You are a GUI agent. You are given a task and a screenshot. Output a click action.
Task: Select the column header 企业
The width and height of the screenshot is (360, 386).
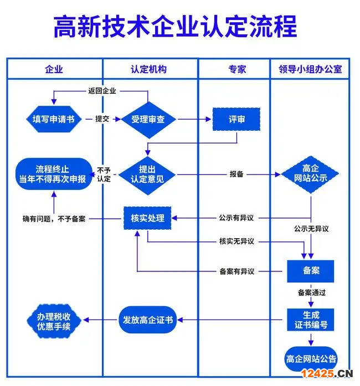tap(54, 69)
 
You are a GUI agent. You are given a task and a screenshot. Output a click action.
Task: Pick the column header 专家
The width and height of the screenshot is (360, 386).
tap(237, 69)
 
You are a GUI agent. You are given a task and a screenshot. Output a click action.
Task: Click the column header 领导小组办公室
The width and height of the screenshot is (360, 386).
tap(310, 69)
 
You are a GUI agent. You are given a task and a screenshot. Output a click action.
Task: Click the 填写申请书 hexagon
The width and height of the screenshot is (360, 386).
tap(54, 119)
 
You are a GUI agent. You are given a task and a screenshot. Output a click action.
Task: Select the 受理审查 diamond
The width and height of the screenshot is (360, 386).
tap(148, 119)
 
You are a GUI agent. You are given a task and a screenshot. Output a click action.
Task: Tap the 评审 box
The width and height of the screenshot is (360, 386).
tap(236, 119)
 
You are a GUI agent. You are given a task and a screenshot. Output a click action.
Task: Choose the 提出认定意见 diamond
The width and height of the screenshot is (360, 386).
tap(147, 174)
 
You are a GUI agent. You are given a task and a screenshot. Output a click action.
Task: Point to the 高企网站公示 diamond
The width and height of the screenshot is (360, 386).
tap(311, 173)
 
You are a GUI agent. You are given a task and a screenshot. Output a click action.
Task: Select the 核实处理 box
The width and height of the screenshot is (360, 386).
tap(147, 218)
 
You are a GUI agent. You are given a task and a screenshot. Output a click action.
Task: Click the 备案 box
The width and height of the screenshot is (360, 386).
tap(311, 271)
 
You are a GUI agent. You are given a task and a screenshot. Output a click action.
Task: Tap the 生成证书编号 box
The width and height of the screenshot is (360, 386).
tap(311, 320)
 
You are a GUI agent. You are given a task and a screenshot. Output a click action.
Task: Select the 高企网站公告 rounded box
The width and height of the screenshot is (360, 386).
tap(311, 359)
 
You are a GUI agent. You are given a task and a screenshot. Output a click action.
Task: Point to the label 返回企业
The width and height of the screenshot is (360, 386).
tap(102, 91)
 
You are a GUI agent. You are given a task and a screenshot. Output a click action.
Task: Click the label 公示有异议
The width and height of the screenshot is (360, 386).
tap(236, 218)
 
